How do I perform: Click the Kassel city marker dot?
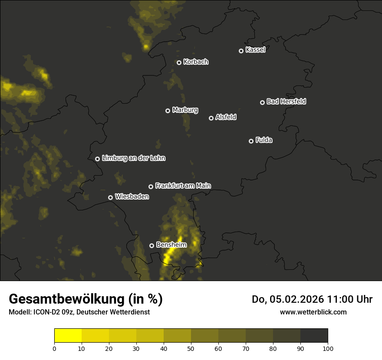[241, 51]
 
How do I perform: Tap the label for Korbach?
[196, 62]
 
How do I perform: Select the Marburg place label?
[185, 110]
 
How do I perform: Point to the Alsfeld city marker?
[211, 118]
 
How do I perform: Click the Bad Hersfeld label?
[286, 101]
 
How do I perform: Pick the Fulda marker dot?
[251, 141]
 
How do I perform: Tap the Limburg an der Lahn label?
[133, 158]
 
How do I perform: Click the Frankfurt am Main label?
[183, 186]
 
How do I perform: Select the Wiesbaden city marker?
[110, 197]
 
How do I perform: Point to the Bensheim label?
[171, 245]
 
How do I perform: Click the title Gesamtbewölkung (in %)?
[86, 299]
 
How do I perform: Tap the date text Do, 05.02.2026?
[288, 299]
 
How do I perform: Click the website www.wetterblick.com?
[313, 312]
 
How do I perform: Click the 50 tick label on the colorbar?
[191, 348]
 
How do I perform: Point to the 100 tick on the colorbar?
[327, 348]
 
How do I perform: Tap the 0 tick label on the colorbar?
[54, 348]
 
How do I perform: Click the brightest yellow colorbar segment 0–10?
[68, 336]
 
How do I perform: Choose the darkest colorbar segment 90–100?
[314, 336]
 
